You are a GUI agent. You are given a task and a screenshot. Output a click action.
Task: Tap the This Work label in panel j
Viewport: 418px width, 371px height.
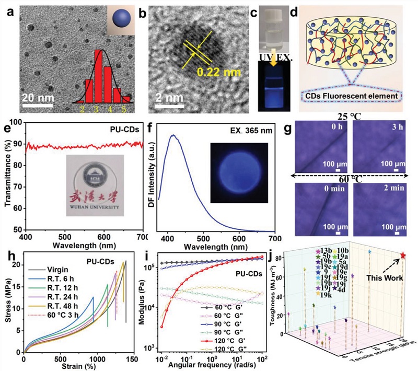point(384,278)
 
